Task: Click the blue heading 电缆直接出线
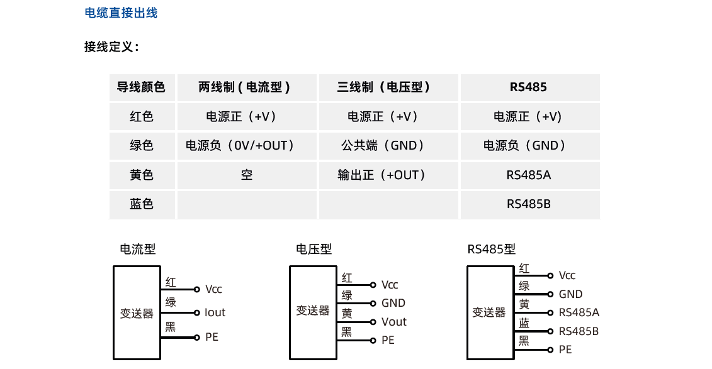[x=121, y=13]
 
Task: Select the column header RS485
[x=528, y=87]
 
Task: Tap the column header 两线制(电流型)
[x=244, y=87]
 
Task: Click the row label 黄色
[x=141, y=175]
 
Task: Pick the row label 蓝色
[x=141, y=204]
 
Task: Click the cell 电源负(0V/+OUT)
[x=240, y=145]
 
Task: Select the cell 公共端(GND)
[x=383, y=145]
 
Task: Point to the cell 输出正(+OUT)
[x=381, y=175]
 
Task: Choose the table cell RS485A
[x=529, y=175]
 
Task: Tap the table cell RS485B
[x=529, y=204]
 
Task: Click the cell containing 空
[x=247, y=175]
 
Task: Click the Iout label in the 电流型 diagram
[x=215, y=312]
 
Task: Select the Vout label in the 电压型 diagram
[x=393, y=322]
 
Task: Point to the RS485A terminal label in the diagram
[x=579, y=312]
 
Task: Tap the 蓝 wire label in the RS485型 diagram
[x=524, y=322]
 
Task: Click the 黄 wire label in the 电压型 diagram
[x=347, y=313]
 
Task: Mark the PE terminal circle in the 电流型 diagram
[x=196, y=338]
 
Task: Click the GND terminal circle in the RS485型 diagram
[x=550, y=294]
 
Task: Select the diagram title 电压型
[x=314, y=249]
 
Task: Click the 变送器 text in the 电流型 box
[x=137, y=313]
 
